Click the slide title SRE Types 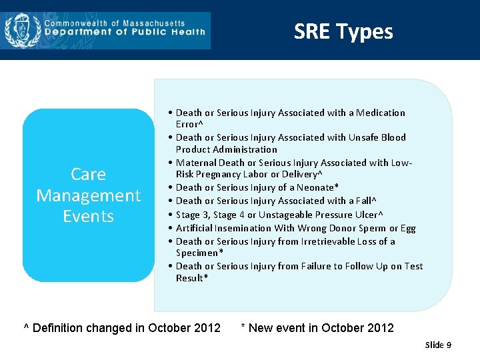(x=343, y=31)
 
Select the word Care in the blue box (x=88, y=174)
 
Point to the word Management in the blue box (x=88, y=195)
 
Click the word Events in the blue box (x=88, y=216)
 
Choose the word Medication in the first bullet (x=380, y=113)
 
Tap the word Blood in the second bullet (x=393, y=137)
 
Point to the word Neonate (x=317, y=187)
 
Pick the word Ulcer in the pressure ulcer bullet (x=365, y=215)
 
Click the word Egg (x=407, y=228)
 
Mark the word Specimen (x=197, y=253)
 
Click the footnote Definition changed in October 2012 (x=122, y=328)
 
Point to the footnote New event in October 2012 (x=317, y=328)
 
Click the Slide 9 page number (x=438, y=345)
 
